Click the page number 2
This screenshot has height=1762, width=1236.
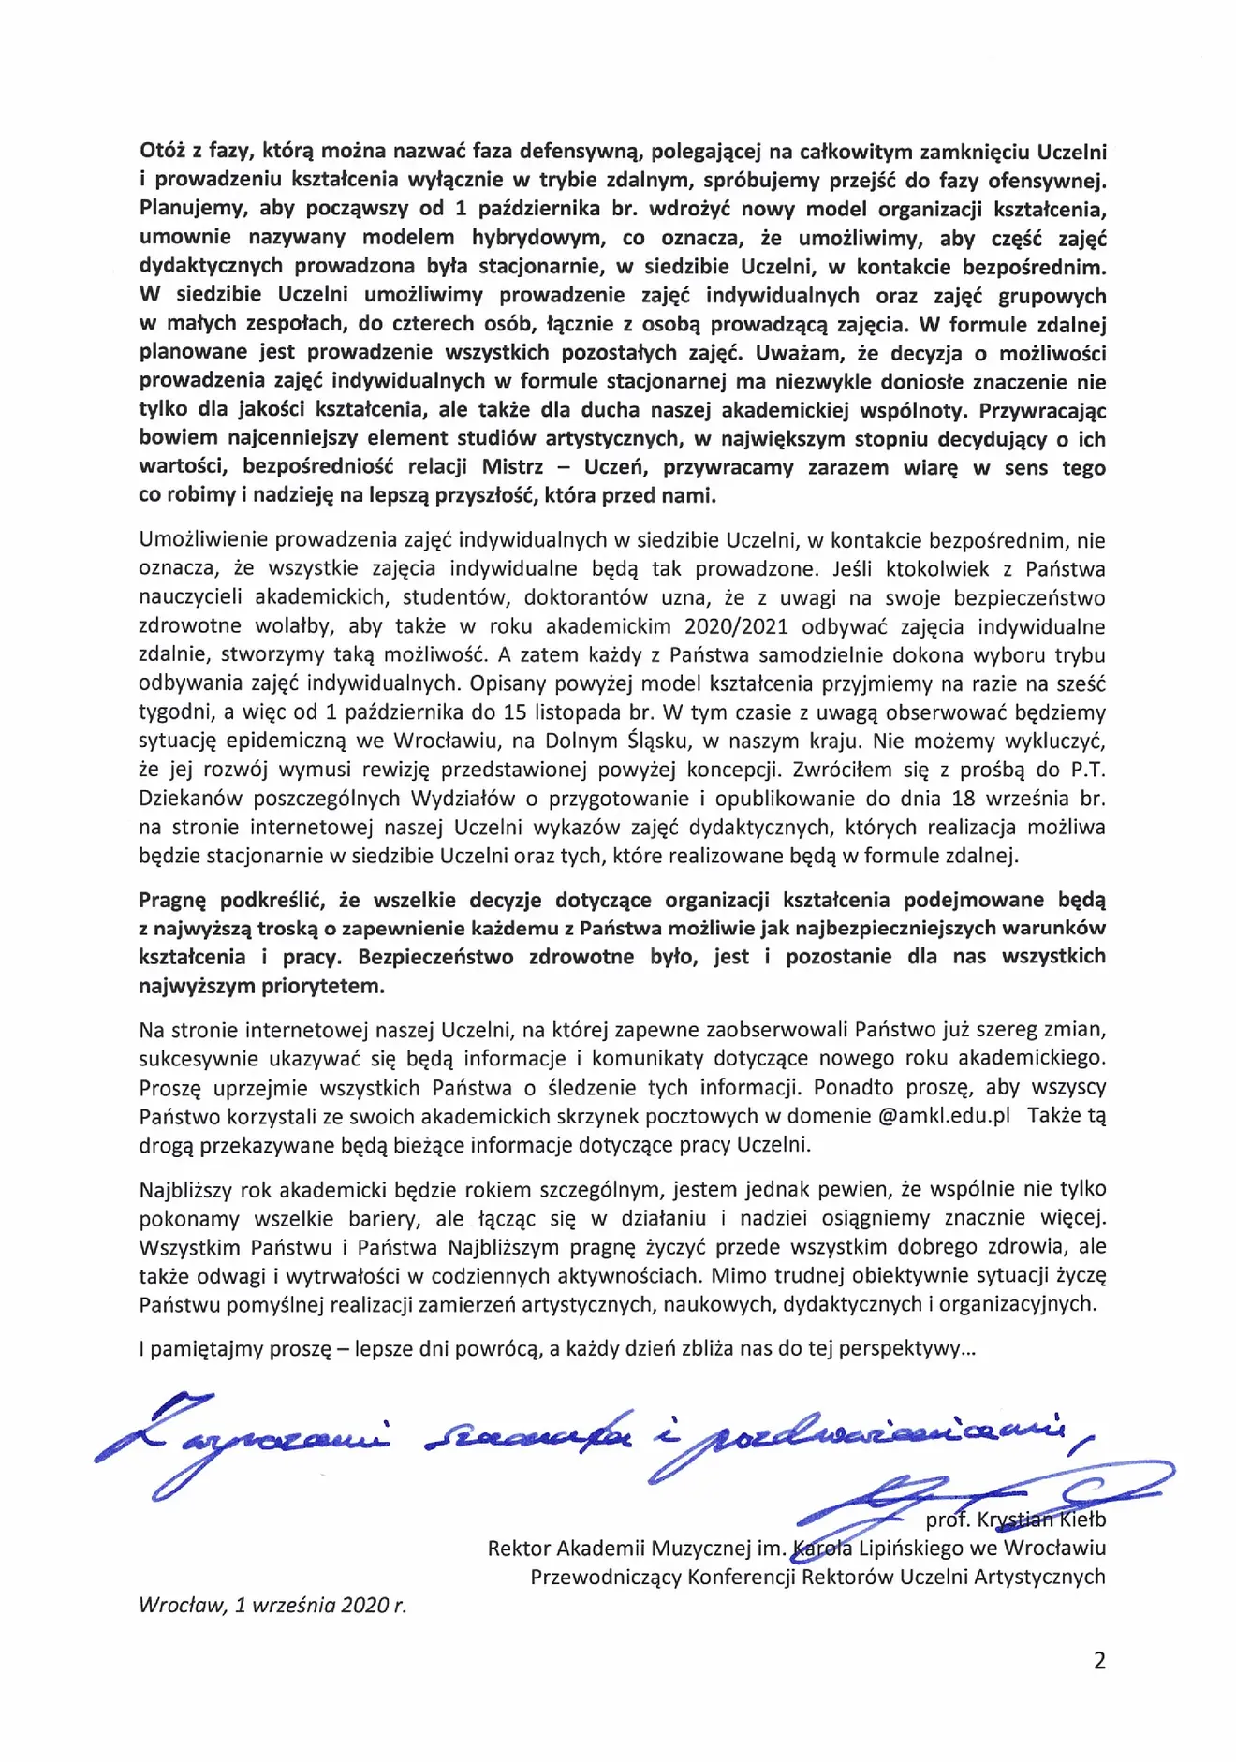[x=1099, y=1660]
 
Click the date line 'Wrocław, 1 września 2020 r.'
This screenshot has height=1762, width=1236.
[x=272, y=1605]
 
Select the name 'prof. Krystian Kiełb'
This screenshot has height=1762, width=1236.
[x=1016, y=1519]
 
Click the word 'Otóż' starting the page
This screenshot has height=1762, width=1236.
[x=162, y=151]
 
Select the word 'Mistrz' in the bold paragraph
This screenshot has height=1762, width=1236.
[x=512, y=467]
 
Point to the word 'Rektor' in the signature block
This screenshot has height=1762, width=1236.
[x=519, y=1548]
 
